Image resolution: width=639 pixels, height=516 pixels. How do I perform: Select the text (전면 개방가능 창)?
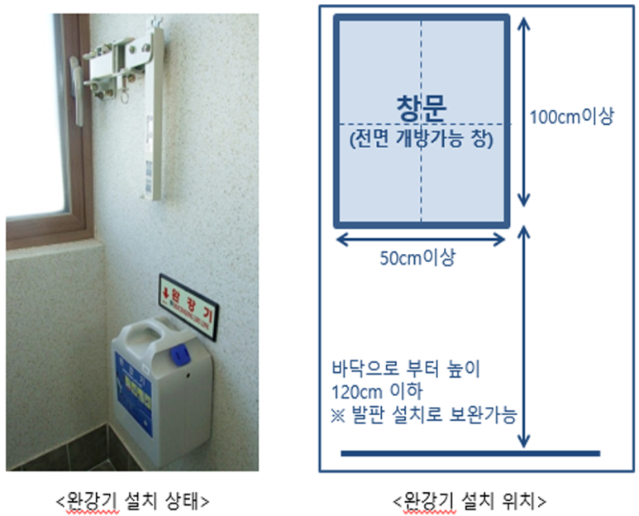pos(421,138)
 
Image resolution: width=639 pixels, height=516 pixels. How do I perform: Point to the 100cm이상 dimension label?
pos(571,118)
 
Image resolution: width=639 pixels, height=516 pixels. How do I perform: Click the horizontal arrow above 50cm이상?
pos(419,240)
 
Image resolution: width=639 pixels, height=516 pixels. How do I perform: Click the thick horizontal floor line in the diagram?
pos(470,452)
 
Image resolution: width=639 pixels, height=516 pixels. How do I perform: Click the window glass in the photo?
pos(32,116)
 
